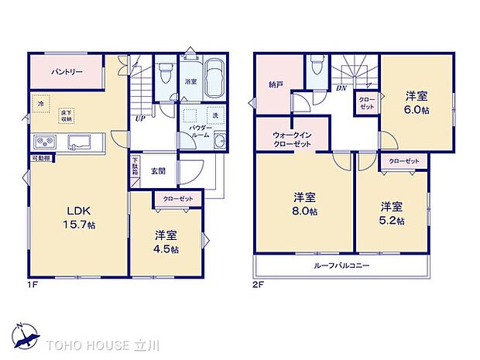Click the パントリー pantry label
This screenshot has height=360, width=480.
point(67,72)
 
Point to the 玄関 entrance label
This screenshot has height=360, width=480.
point(158,171)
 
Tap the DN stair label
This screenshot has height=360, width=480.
point(341,88)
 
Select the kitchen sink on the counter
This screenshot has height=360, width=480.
point(80,142)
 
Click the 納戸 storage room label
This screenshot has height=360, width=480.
point(276,84)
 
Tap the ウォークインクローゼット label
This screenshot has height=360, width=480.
point(291,139)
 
